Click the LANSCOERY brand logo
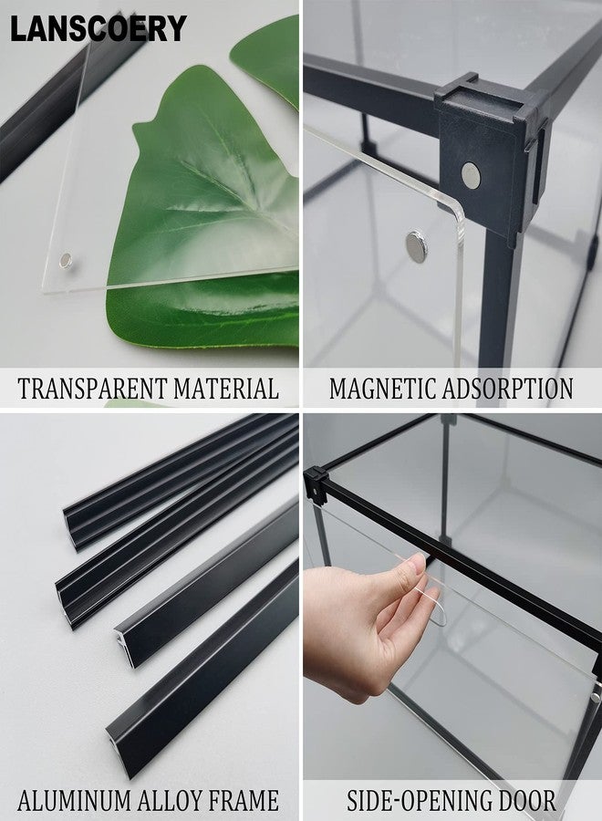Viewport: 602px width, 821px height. (x=99, y=28)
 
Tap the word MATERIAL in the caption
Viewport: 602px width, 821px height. (x=226, y=389)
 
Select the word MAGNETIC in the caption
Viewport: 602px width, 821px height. (x=383, y=389)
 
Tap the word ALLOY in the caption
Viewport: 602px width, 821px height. (x=171, y=801)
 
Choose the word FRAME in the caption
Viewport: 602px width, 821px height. (x=244, y=801)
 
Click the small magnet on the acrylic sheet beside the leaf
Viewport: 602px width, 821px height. (x=66, y=260)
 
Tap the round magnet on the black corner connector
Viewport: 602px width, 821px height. (x=471, y=175)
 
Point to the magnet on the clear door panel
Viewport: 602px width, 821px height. (x=416, y=246)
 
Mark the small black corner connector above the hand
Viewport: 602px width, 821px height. (x=316, y=482)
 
